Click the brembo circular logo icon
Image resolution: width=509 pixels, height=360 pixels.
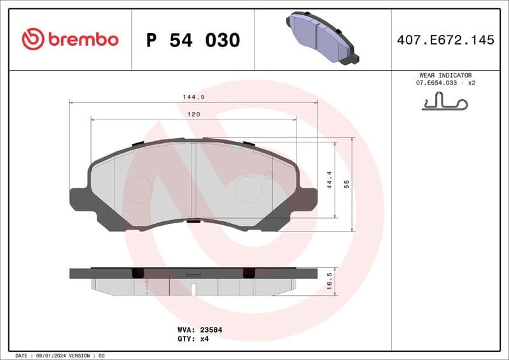point(33,39)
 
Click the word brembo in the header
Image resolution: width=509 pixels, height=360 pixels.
point(82,39)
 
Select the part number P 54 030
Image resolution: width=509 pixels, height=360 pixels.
point(193,40)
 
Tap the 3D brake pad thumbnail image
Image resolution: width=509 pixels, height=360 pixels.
point(323,38)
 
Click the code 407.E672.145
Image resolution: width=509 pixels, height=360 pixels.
point(445,40)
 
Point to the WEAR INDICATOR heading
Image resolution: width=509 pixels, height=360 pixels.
point(445,75)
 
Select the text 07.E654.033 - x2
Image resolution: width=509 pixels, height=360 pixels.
point(446,83)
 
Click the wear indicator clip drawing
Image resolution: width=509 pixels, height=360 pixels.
point(445,102)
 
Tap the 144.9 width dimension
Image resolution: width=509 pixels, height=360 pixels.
point(194,97)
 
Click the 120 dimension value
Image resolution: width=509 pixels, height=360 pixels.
point(194,114)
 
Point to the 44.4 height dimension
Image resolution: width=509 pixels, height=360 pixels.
point(330,180)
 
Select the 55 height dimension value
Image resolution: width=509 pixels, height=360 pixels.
point(347,184)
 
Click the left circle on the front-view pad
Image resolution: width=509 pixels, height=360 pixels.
point(138,189)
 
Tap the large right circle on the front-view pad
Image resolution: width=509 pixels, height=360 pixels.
point(248,189)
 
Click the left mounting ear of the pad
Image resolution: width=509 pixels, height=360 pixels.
point(80,198)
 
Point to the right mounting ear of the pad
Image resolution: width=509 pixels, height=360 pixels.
point(307,198)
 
